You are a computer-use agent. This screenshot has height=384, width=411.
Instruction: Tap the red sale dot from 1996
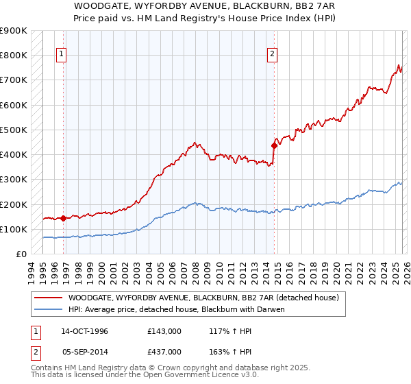pyautogui.click(x=64, y=219)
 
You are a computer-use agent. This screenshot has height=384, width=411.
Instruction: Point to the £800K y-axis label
pyautogui.click(x=14, y=56)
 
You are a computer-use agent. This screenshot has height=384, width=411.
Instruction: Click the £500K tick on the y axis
pyautogui.click(x=14, y=130)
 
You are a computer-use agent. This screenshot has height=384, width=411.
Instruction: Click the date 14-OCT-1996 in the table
pyautogui.click(x=84, y=331)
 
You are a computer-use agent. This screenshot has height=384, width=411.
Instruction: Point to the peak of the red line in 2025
pyautogui.click(x=399, y=65)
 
